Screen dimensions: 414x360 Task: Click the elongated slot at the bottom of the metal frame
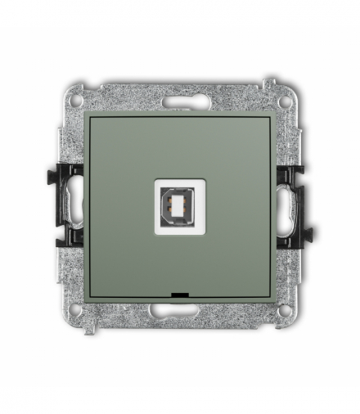pos(179,311)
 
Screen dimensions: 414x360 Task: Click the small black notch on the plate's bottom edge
pos(179,292)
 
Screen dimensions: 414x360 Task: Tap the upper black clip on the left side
pos(64,173)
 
